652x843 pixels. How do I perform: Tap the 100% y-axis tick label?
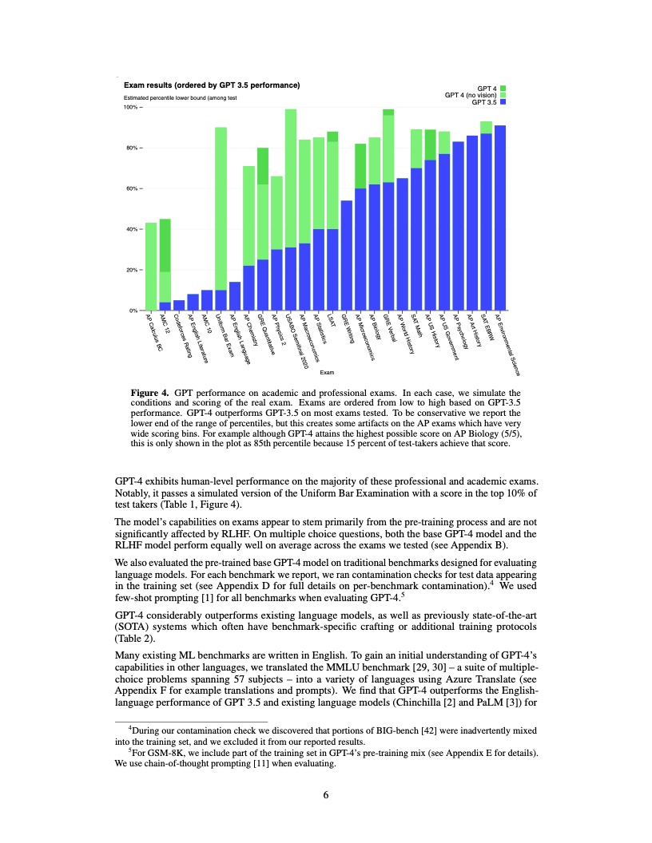coord(130,107)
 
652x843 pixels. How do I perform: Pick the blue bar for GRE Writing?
coord(347,255)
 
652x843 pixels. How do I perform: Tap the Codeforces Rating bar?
coord(179,305)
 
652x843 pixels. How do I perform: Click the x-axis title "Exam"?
coord(326,373)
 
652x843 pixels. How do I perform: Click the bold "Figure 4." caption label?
coord(149,394)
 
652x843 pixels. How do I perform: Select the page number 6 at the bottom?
coord(326,794)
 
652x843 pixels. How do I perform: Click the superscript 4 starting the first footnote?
coord(131,727)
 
